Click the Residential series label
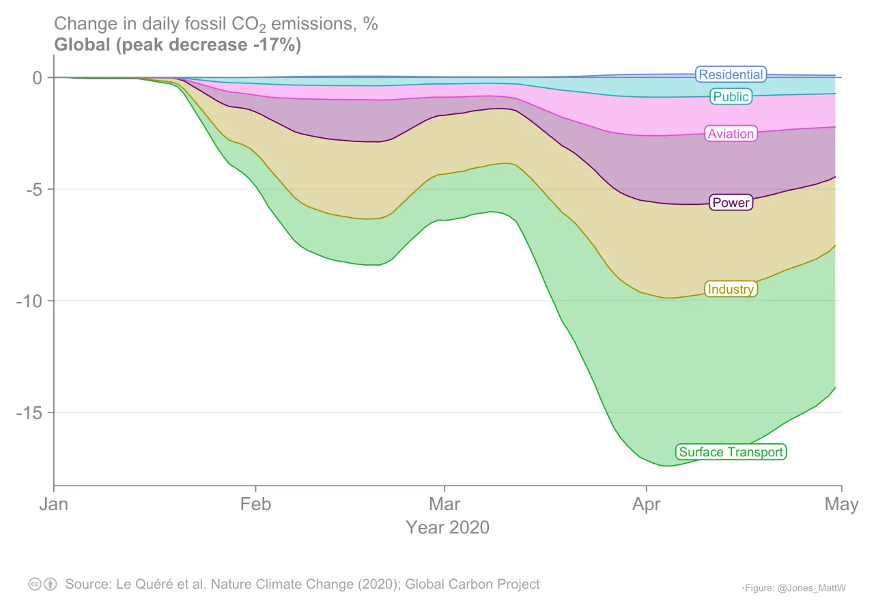pyautogui.click(x=730, y=74)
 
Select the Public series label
pyautogui.click(x=731, y=96)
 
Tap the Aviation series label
pyautogui.click(x=731, y=134)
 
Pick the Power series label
pyautogui.click(x=731, y=202)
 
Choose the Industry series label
pyautogui.click(x=731, y=289)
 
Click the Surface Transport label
pyautogui.click(x=731, y=452)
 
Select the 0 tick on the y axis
pyautogui.click(x=38, y=78)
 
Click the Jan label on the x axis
pyautogui.click(x=54, y=505)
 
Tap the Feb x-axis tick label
pyautogui.click(x=255, y=505)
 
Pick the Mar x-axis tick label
pyautogui.click(x=445, y=505)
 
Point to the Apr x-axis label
pyautogui.click(x=646, y=505)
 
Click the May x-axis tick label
pyautogui.click(x=841, y=505)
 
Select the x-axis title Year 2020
pyautogui.click(x=447, y=527)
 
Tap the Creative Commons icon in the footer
pyautogui.click(x=35, y=585)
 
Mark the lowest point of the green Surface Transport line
pyautogui.click(x=666, y=466)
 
